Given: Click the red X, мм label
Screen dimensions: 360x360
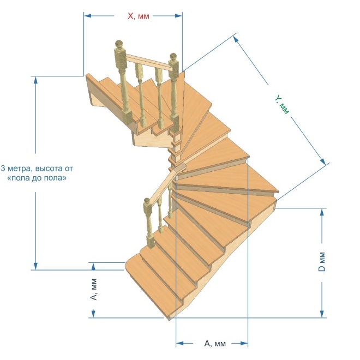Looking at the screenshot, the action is tap(139, 16).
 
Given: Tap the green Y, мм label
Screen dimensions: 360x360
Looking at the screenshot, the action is tap(282, 105).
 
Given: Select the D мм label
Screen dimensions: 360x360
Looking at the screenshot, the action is tap(322, 262).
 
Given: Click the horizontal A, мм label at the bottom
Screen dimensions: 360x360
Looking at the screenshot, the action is tap(215, 344).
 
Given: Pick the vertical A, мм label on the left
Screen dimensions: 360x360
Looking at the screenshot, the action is tap(94, 289).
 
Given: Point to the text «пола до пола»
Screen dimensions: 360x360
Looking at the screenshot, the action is tap(37, 178).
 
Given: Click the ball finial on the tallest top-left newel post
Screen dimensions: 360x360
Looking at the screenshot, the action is tap(119, 44).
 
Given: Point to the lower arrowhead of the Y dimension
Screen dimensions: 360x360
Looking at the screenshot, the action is tap(322, 161).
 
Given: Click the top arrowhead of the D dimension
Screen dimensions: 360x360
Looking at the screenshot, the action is tap(322, 212).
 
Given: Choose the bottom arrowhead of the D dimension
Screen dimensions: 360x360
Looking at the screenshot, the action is tap(322, 314).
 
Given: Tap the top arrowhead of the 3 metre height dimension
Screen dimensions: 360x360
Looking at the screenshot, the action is tap(35, 80).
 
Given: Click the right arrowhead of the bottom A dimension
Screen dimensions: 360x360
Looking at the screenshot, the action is tap(244, 344).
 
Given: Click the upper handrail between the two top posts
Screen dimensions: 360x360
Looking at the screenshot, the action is tap(149, 62).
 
